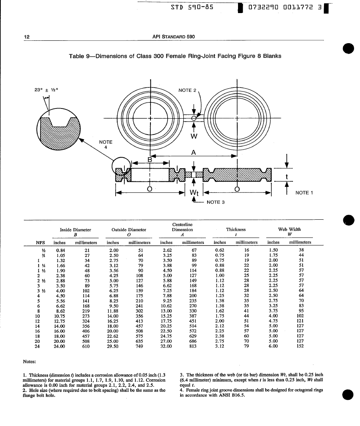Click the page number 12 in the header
pyautogui.click(x=27, y=37)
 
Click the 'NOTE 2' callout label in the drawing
pyautogui.click(x=187, y=90)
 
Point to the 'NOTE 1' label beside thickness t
pyautogui.click(x=304, y=193)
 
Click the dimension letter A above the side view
pyautogui.click(x=193, y=152)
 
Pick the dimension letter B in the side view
pyautogui.click(x=150, y=160)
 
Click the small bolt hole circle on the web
pyautogui.click(x=194, y=118)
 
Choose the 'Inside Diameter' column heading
pyautogui.click(x=75, y=229)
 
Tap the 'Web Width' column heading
pyautogui.click(x=290, y=229)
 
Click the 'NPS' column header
pyautogui.click(x=40, y=242)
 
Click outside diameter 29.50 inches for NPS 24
pyautogui.click(x=114, y=346)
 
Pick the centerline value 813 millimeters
pyautogui.click(x=192, y=346)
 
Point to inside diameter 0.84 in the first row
pyautogui.click(x=60, y=250)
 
